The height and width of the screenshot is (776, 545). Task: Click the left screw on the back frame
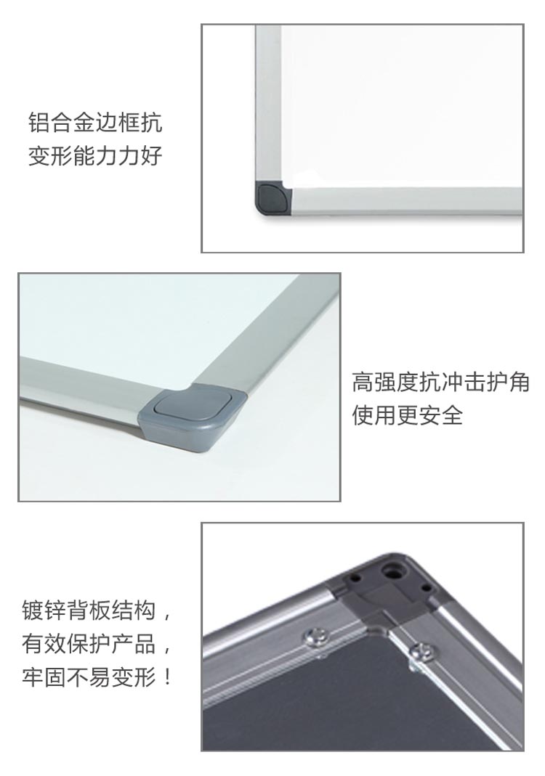point(315,636)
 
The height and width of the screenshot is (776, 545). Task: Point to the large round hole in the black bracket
point(396,569)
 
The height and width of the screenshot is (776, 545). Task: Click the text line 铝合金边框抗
point(95,123)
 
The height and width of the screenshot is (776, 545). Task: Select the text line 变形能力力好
point(95,155)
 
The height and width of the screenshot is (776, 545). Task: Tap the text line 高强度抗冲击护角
point(440,382)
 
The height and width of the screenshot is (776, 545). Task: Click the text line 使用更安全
point(407,414)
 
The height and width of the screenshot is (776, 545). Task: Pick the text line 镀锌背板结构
point(89,610)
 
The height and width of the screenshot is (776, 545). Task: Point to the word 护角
point(507,382)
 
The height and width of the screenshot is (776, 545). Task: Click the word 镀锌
point(44,610)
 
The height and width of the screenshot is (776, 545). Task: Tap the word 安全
point(440,414)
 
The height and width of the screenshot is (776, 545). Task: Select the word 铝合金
point(62,123)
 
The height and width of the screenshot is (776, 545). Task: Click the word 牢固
point(44,677)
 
